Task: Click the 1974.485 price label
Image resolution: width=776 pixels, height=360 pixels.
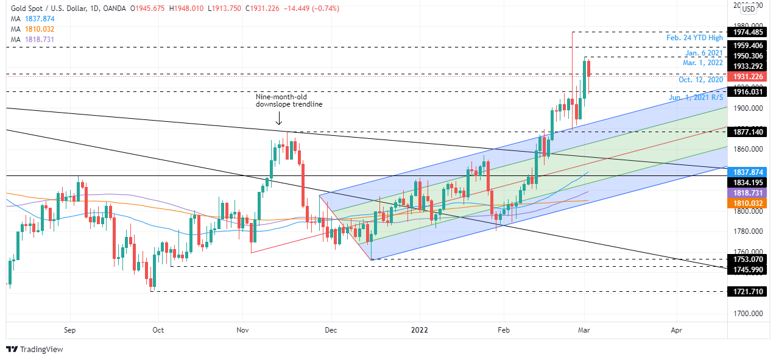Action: click(x=749, y=32)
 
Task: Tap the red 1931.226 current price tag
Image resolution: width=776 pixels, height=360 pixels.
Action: click(x=749, y=77)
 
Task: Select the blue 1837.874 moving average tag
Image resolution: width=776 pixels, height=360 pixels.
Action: click(x=749, y=172)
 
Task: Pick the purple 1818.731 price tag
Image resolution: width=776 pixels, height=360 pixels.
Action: click(x=749, y=192)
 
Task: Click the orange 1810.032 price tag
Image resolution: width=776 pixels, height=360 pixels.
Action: click(x=749, y=203)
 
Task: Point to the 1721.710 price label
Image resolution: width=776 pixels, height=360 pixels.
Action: click(x=749, y=292)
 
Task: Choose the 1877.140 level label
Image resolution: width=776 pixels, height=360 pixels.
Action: click(x=749, y=132)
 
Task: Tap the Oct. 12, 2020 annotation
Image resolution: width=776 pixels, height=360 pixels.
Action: click(x=700, y=80)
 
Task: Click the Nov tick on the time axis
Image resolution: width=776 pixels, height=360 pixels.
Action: click(x=243, y=330)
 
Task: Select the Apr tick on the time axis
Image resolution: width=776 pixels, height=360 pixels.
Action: click(x=676, y=330)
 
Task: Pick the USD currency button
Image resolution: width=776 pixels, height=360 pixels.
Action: click(x=749, y=9)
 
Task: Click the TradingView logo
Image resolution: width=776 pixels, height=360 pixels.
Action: click(x=35, y=349)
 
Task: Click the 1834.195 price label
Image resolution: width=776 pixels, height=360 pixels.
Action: click(x=749, y=182)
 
